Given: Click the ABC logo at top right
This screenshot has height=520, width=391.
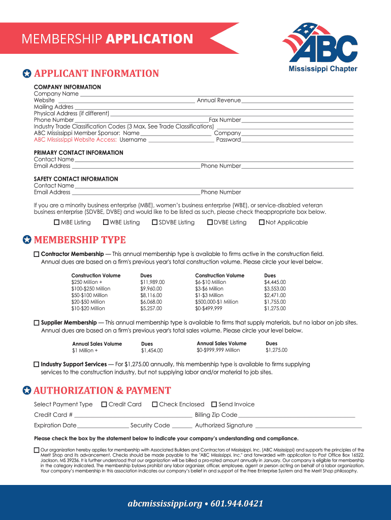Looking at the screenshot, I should [x=320, y=46].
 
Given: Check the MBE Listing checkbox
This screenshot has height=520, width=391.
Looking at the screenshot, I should [x=57, y=222].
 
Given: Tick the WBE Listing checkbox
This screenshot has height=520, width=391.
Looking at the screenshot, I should [x=106, y=222].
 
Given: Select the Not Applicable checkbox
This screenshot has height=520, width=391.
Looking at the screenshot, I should [x=262, y=222].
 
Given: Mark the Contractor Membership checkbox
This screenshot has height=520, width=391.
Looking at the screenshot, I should [x=37, y=254].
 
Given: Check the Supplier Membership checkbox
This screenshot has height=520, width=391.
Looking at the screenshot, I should [x=37, y=323].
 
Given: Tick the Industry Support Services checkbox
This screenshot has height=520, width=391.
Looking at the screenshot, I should [x=37, y=365].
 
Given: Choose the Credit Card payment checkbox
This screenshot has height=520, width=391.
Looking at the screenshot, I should [x=104, y=405].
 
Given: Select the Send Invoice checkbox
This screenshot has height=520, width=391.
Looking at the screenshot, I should [x=214, y=405].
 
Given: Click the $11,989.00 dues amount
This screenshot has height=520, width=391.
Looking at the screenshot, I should [x=152, y=282].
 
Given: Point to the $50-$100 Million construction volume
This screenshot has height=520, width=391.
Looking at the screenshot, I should [x=89, y=295].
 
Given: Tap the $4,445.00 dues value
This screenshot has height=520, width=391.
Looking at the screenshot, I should [x=275, y=282].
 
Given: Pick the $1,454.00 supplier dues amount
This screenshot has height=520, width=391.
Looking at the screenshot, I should [x=152, y=350].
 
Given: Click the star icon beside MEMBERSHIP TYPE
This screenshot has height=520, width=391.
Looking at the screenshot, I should [x=27, y=240].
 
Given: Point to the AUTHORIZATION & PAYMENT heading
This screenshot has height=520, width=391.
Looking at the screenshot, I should [x=102, y=391].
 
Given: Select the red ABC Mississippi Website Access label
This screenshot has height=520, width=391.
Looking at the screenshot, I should [x=75, y=140].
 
